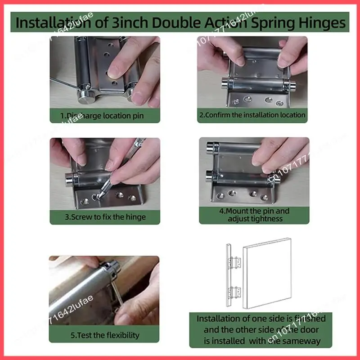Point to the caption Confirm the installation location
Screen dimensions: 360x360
tap(252, 115)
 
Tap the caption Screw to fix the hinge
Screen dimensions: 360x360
tap(105, 217)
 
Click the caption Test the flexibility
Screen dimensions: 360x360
tap(105, 335)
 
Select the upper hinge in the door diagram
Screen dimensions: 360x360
tap(234, 262)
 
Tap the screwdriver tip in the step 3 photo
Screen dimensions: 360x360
tap(100, 194)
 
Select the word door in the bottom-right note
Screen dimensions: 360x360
tap(300, 329)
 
